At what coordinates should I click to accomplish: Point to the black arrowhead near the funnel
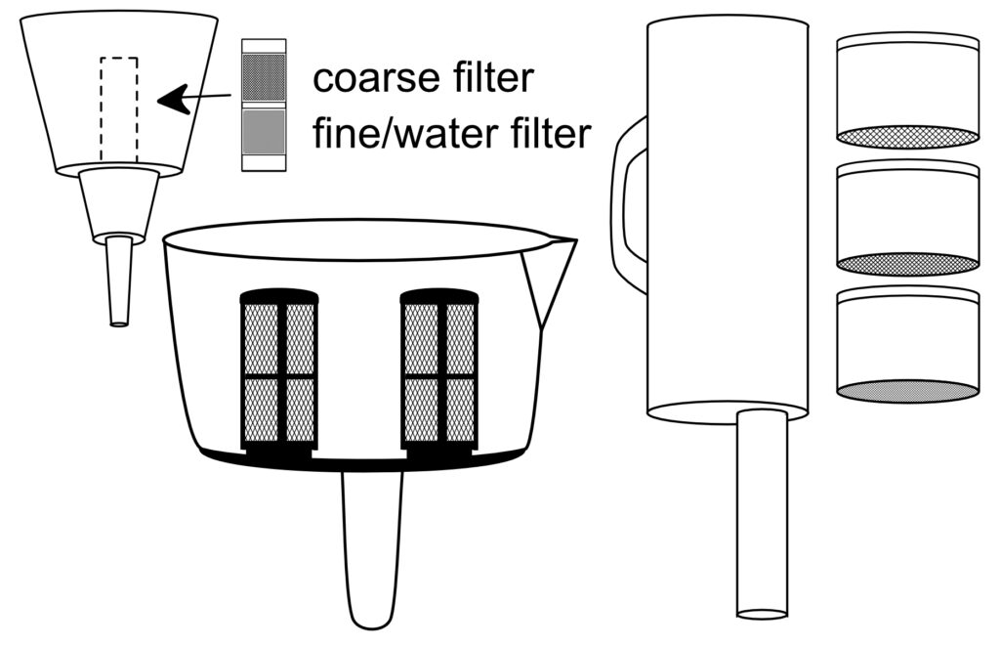[174, 99]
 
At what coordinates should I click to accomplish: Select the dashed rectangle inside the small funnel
[119, 108]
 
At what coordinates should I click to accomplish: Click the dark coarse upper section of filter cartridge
[264, 74]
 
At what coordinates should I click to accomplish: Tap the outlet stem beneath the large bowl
[372, 547]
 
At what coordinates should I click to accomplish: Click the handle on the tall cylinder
[626, 205]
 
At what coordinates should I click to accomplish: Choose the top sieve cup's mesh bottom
[908, 137]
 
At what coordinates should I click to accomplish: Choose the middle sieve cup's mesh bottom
[908, 264]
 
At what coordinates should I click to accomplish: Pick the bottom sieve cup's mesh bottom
[908, 391]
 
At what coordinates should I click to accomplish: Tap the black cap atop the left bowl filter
[279, 295]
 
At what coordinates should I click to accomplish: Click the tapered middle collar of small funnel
[119, 205]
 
